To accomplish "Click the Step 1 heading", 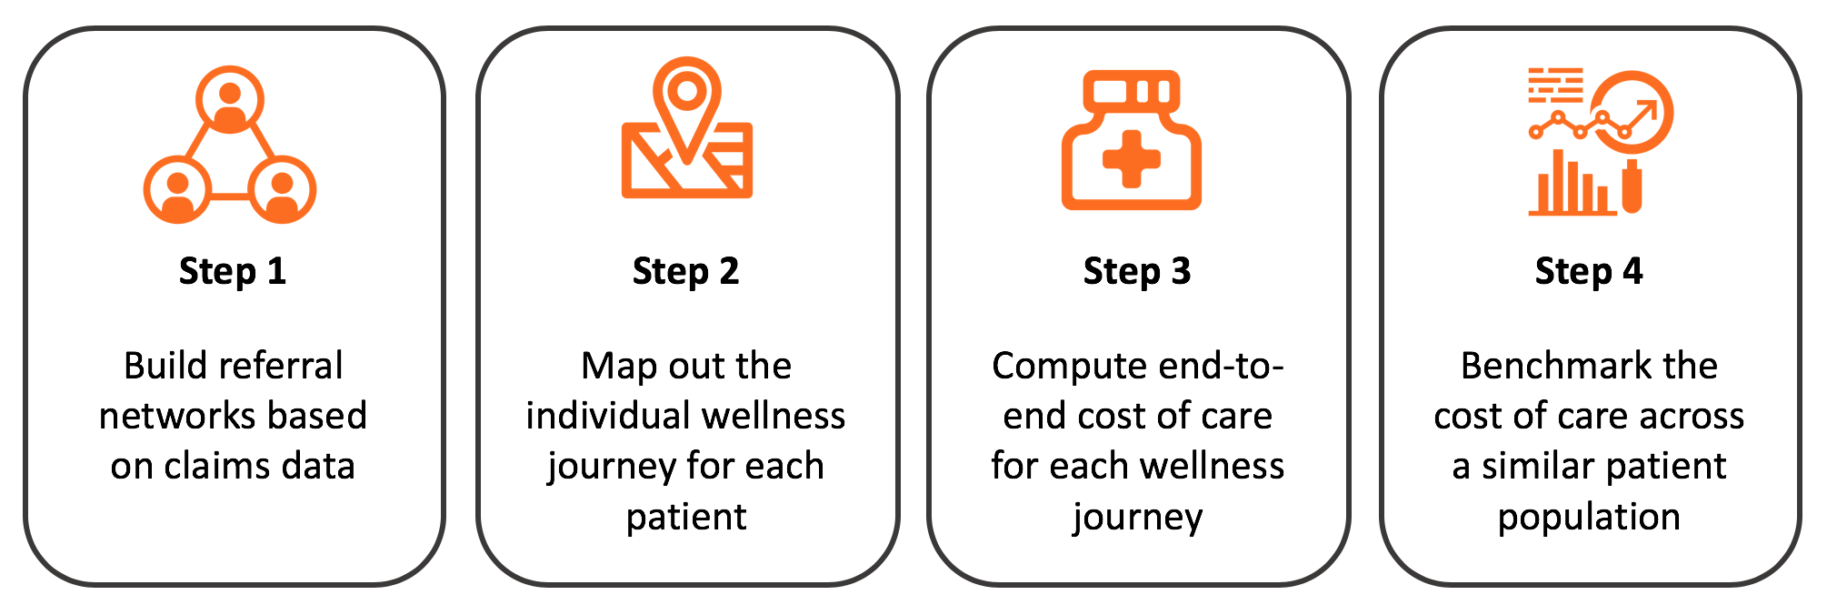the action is click(233, 271).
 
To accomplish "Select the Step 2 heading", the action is click(685, 271).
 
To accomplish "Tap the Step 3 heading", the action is click(1137, 271).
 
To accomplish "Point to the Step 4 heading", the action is click(1589, 271).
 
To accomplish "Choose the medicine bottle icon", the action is click(1132, 141).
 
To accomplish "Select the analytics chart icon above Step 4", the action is click(1600, 141).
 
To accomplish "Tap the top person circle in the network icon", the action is click(230, 99).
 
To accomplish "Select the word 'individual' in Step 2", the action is click(602, 416).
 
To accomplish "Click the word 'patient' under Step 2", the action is click(686, 517).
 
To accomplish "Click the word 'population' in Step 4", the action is click(1589, 517).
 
